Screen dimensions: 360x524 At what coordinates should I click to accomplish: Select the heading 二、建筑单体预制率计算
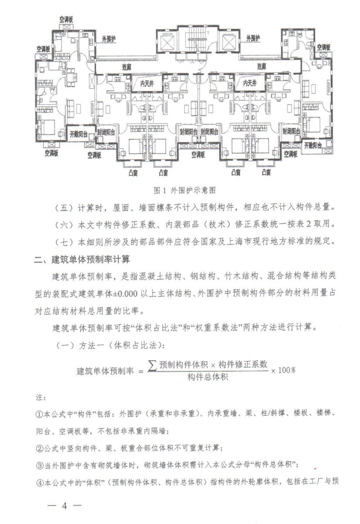click(x=82, y=260)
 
